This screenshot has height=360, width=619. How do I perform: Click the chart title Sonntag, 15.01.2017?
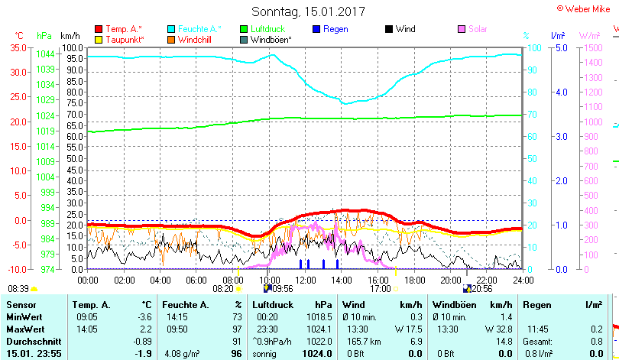pyautogui.click(x=309, y=12)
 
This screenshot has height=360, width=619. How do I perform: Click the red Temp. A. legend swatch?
pyautogui.click(x=98, y=29)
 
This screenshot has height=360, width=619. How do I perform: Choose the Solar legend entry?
pyautogui.click(x=477, y=29)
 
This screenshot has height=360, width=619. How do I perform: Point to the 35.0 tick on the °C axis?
pyautogui.click(x=16, y=47)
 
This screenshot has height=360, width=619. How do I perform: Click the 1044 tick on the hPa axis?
pyautogui.click(x=44, y=54)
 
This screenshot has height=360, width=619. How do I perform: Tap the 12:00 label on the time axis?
pyautogui.click(x=305, y=280)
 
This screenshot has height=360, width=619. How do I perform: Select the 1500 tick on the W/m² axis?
pyautogui.click(x=593, y=47)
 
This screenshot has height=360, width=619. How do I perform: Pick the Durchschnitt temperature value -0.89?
pyautogui.click(x=143, y=341)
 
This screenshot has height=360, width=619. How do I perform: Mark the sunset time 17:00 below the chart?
pyautogui.click(x=380, y=289)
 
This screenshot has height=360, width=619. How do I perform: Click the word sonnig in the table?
pyautogui.click(x=265, y=354)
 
